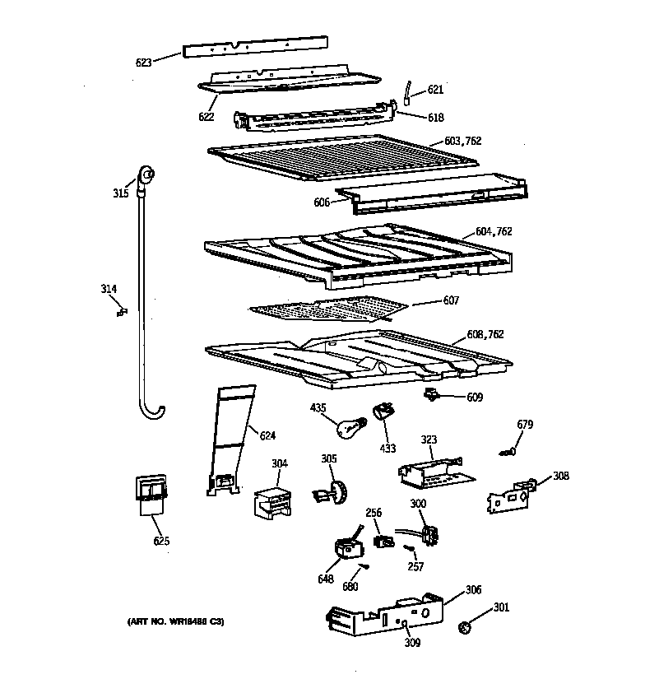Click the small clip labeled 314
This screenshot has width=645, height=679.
coord(121,310)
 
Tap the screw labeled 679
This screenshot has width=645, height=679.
coord(509,450)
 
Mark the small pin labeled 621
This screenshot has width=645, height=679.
coord(406,93)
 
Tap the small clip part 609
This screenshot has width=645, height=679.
coord(431,396)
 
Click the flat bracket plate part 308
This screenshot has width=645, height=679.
coord(510,496)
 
